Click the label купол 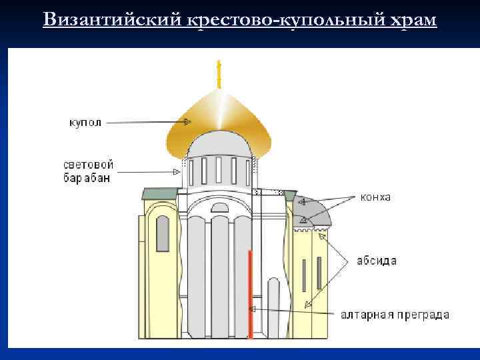click(x=85, y=123)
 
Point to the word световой click(x=88, y=165)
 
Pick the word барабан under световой click(x=87, y=178)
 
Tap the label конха click(x=375, y=197)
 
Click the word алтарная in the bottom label click(x=365, y=315)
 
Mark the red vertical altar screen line click(x=250, y=293)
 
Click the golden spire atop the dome click(x=219, y=75)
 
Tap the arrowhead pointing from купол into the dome click(x=187, y=122)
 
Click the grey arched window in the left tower click(x=162, y=233)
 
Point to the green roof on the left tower click(x=159, y=193)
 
